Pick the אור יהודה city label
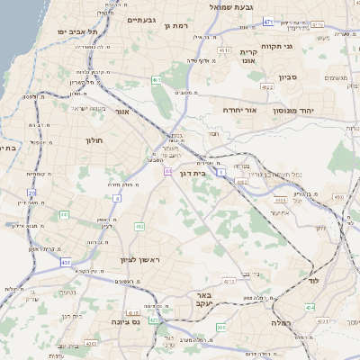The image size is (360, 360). tap(239, 110)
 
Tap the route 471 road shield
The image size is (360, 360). tap(268, 20)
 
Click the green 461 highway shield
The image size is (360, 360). tap(156, 80)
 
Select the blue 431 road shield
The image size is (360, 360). tap(66, 262)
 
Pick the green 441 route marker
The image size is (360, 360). tap(64, 214)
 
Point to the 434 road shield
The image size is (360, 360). tap(309, 308)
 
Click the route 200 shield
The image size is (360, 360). tap(221, 328)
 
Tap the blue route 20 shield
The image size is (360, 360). tap(32, 193)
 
